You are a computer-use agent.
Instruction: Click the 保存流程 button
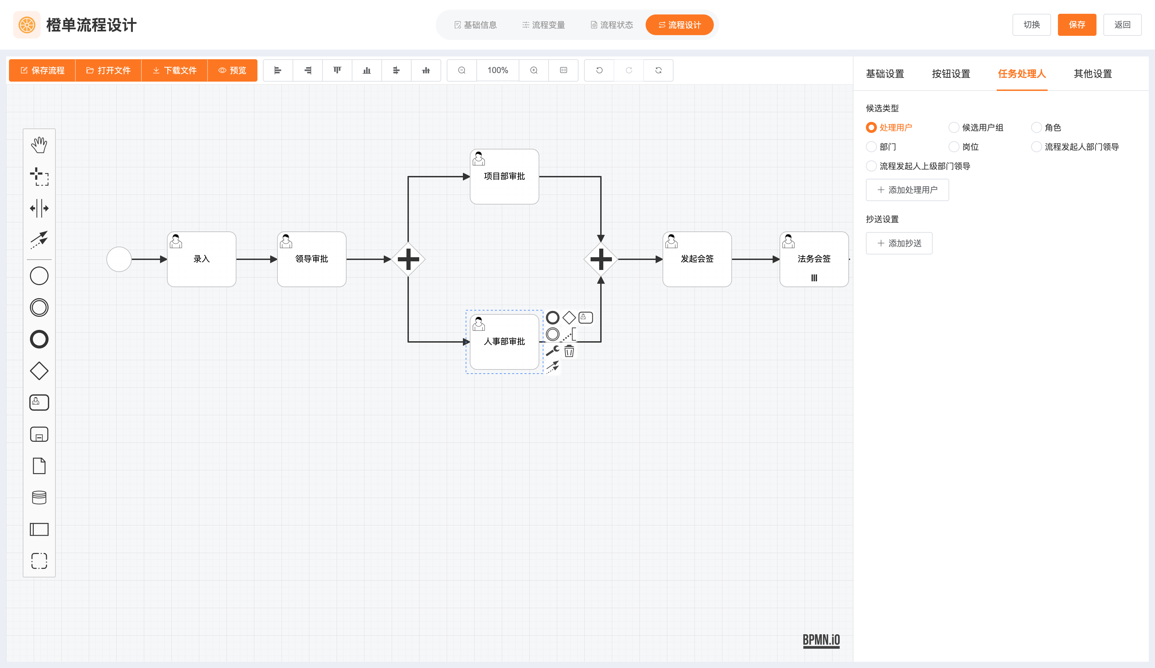tap(42, 70)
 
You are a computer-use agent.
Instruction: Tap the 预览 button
tap(232, 70)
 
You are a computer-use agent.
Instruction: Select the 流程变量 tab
tap(543, 25)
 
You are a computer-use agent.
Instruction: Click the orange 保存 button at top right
tap(1076, 25)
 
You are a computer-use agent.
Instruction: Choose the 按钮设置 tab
tap(951, 74)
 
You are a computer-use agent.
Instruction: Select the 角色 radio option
tap(1036, 127)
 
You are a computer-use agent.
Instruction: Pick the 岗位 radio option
tap(954, 147)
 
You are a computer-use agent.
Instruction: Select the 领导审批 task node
tap(312, 259)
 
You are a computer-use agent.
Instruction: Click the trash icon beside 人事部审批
tap(569, 351)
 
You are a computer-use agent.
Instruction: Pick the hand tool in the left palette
tap(39, 145)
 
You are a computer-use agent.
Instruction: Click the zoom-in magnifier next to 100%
tap(533, 70)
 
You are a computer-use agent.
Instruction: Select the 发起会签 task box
tap(697, 259)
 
